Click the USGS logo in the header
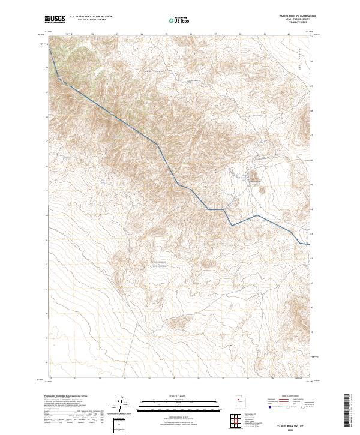pyautogui.click(x=55, y=20)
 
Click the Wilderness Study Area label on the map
pyautogui.click(x=160, y=263)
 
